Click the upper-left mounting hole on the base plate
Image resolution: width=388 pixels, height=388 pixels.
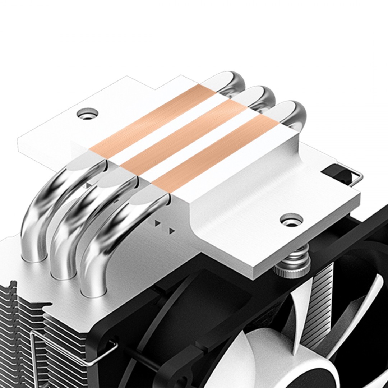click(x=87, y=114)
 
